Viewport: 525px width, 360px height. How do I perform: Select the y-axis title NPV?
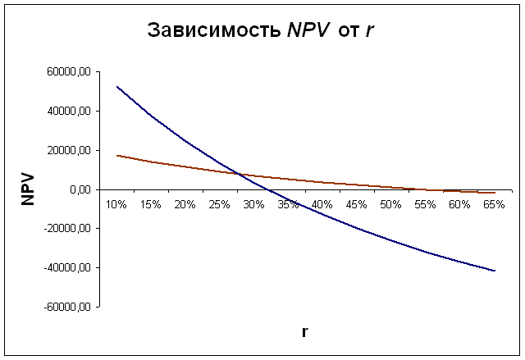[28, 188]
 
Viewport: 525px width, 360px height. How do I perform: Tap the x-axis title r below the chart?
[304, 332]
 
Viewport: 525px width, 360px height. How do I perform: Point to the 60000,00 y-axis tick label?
[69, 72]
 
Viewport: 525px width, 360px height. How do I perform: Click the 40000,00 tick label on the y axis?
[69, 112]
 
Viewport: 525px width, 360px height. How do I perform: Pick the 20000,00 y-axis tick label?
[69, 151]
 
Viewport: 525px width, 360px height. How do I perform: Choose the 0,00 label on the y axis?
[80, 190]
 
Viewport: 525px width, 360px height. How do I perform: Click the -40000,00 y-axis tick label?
[67, 268]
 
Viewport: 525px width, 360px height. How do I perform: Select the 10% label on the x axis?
[116, 203]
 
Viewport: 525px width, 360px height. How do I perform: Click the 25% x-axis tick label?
[219, 203]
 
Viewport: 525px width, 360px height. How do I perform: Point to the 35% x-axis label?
[288, 203]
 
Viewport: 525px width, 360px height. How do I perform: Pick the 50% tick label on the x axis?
[390, 203]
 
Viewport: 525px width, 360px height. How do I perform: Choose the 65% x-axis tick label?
[493, 203]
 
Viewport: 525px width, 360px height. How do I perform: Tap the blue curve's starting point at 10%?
[116, 87]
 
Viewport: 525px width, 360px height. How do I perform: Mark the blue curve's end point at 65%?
[495, 271]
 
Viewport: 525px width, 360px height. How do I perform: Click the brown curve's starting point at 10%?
[116, 155]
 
